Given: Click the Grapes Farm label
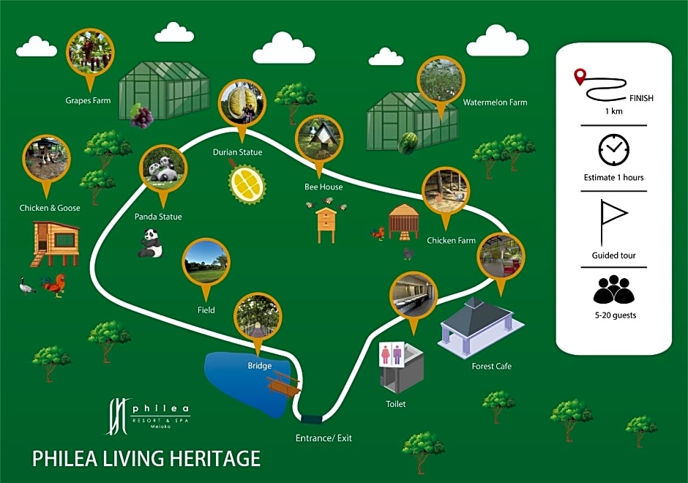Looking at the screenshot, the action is coord(88,100).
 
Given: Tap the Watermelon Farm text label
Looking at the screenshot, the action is coord(495,102).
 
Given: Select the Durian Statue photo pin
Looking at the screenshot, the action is coord(242,105).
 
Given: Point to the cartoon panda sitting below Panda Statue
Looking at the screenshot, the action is coord(150,243).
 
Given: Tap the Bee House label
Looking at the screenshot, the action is coord(324,187).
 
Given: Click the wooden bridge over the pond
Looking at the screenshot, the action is coord(284,383).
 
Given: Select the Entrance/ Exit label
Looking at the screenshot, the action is coord(324,438).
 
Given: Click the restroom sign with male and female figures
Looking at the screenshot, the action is coord(392,354).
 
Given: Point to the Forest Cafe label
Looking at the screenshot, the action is coord(491,366).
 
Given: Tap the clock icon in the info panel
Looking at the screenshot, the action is coord(614,149).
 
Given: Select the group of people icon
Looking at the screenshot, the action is coord(614,289).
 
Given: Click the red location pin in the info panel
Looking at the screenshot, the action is coord(580,78).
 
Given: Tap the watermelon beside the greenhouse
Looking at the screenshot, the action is coord(408,143).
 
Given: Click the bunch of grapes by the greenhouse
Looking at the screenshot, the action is coord(141,116).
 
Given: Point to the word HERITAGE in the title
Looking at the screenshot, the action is coord(214,458).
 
